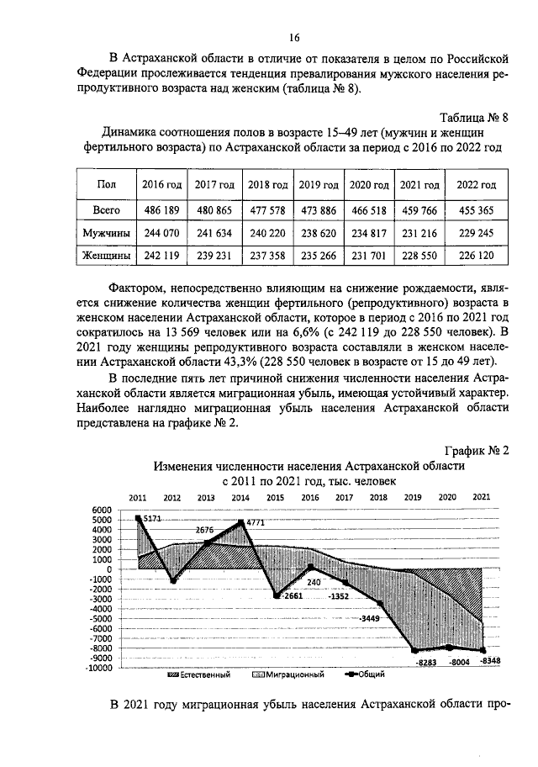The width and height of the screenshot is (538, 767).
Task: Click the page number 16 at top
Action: pyautogui.click(x=294, y=37)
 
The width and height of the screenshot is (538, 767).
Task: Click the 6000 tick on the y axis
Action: pyautogui.click(x=102, y=510)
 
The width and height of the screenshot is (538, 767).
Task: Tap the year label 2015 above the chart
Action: pyautogui.click(x=275, y=497)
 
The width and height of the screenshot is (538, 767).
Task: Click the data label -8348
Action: pyautogui.click(x=484, y=662)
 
